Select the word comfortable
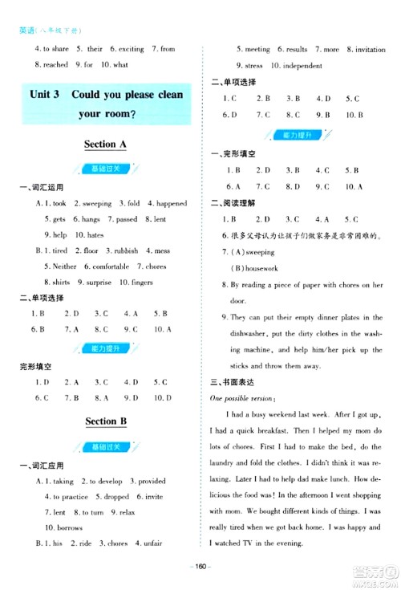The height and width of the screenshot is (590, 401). pos(111,267)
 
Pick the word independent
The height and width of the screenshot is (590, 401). pos(303,65)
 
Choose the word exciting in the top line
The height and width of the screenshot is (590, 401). pos(131,49)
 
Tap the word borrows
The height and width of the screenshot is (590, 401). pos(59,527)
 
